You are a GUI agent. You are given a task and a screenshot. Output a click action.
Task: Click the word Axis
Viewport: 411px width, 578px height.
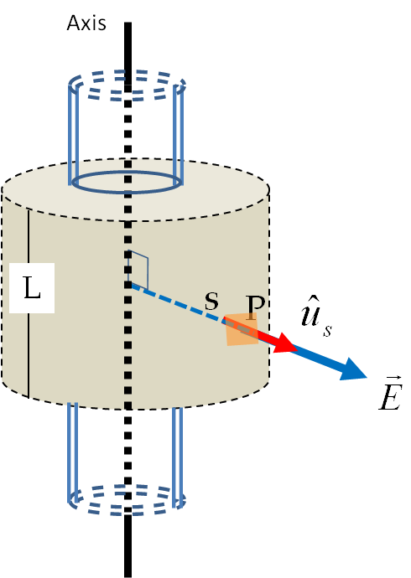coord(86,23)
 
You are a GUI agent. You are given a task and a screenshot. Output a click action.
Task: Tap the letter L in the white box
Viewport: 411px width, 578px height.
coord(32,287)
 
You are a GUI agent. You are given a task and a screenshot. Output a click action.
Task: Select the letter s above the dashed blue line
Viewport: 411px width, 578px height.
coord(211,302)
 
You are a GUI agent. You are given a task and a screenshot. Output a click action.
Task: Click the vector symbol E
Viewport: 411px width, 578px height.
coord(390,394)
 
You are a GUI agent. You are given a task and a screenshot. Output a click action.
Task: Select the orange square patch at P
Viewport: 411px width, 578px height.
coord(242,329)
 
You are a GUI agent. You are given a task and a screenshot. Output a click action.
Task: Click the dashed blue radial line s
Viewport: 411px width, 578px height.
coord(176,303)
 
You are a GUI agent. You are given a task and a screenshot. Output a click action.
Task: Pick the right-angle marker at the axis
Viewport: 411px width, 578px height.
coord(138,270)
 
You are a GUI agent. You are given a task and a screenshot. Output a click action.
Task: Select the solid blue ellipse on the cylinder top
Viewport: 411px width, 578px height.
coord(127,192)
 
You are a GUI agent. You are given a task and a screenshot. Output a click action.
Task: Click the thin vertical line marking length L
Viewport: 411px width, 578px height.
coord(29,303)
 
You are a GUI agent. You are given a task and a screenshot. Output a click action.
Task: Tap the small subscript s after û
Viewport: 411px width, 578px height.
coord(327,331)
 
